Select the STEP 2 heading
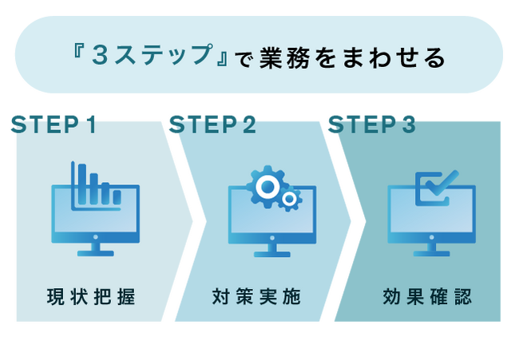[x=212, y=125]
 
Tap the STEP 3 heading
[x=372, y=125]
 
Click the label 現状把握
[x=91, y=298]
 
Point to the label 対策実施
[x=256, y=298]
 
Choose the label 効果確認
[x=428, y=298]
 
